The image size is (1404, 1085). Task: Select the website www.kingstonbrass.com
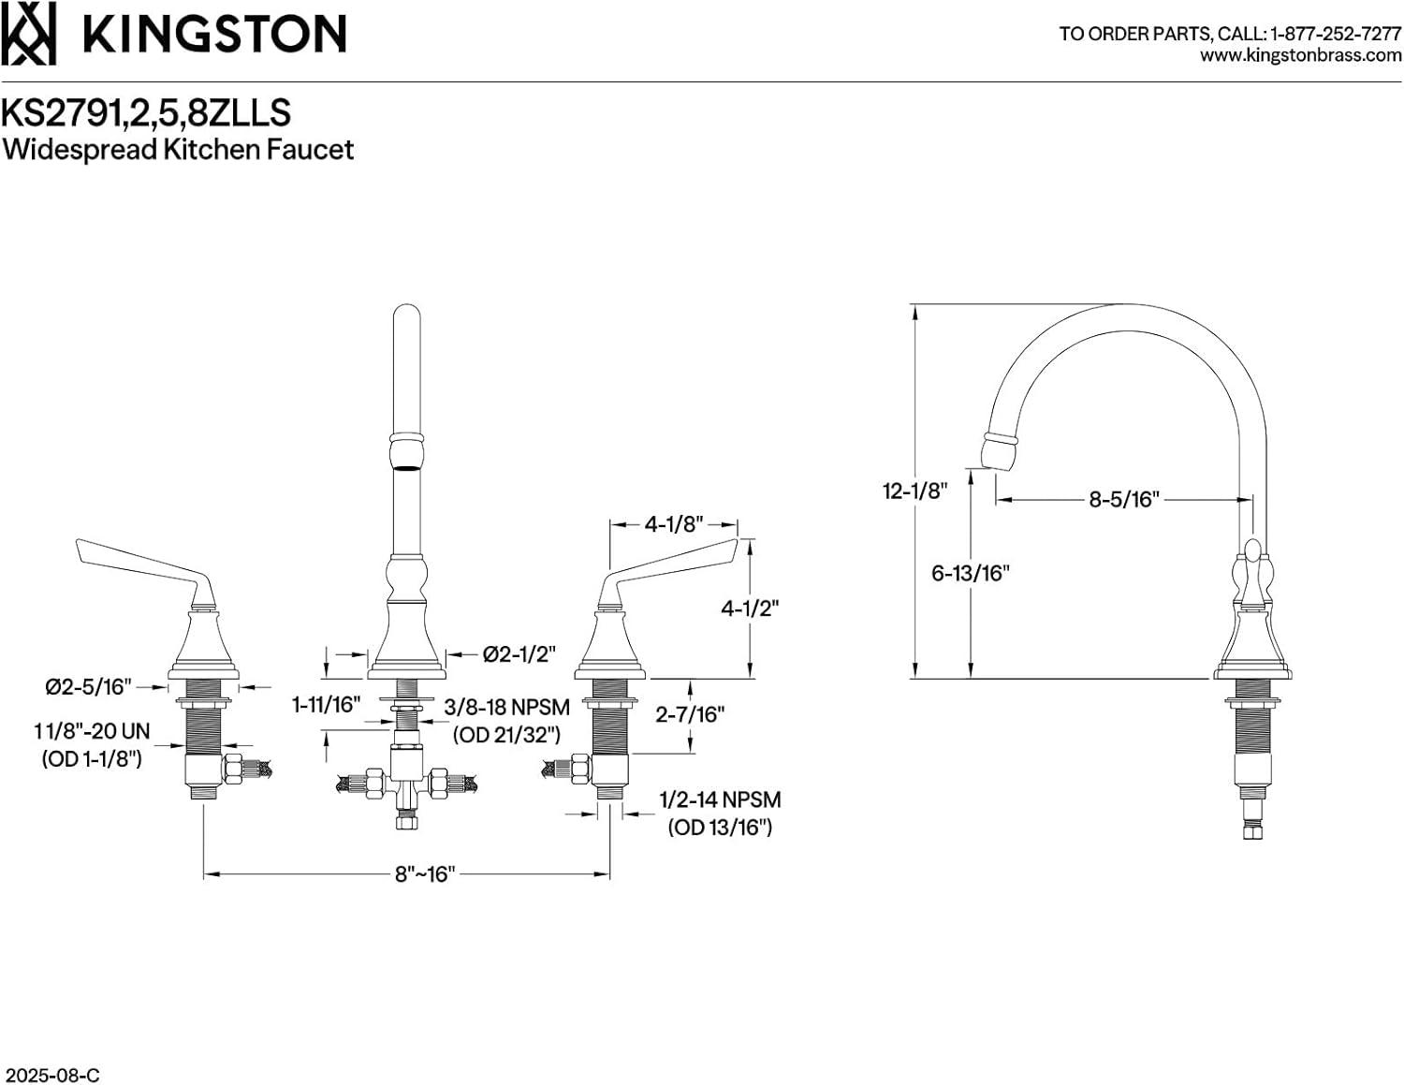pos(1300,55)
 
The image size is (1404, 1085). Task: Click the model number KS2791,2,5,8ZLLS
pos(146,112)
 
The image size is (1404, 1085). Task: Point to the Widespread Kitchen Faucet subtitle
pos(178,150)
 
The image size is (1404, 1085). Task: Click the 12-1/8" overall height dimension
pos(914,491)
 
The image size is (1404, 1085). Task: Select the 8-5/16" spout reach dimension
pos(1123,500)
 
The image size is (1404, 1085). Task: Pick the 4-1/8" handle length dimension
pos(674,524)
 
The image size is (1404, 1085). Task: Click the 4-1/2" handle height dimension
pos(750,608)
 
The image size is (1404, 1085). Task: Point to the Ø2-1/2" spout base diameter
pos(519,654)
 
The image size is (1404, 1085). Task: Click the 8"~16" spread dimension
pos(424,874)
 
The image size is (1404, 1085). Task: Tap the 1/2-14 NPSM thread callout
pos(720,800)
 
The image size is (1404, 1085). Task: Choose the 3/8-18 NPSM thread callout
pos(506,708)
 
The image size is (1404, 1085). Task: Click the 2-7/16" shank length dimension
pos(690,714)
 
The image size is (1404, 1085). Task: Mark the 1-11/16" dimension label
pos(326,705)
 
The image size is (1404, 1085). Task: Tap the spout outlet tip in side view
pos(997,452)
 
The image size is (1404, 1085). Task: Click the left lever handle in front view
pos(140,562)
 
